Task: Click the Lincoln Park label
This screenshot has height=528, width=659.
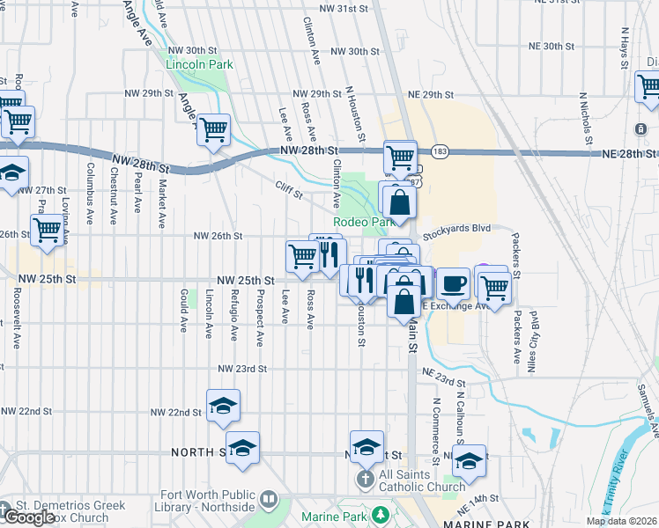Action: click(199, 64)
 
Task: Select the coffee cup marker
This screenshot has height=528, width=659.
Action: click(453, 283)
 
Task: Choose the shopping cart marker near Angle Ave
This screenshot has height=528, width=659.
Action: click(214, 130)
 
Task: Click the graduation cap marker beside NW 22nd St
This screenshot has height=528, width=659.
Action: click(223, 406)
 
